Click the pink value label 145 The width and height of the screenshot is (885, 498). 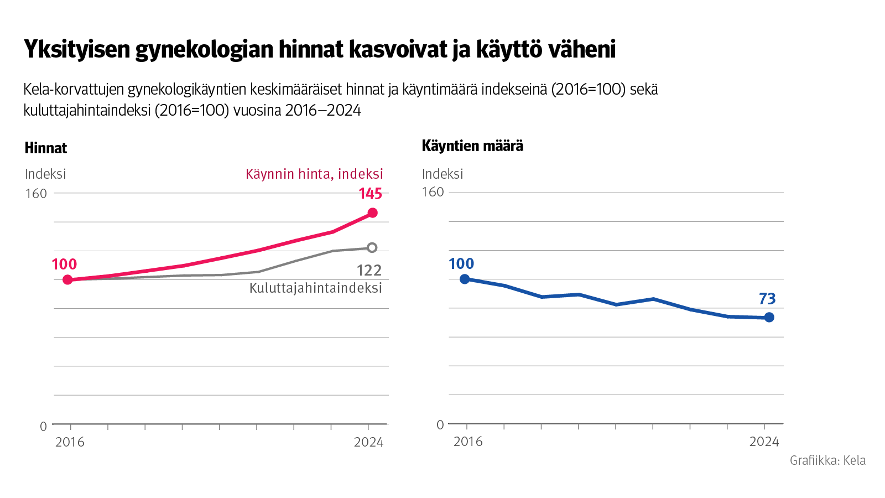(370, 194)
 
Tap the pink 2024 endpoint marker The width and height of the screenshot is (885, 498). (373, 213)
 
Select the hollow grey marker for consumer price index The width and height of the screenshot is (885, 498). (372, 247)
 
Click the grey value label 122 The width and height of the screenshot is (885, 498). (369, 270)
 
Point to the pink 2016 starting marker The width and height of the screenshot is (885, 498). (68, 279)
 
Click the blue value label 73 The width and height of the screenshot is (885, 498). (767, 299)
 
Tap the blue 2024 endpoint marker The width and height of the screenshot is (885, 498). (769, 317)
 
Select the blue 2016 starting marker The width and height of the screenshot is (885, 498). (465, 279)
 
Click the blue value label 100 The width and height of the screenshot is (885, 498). (461, 264)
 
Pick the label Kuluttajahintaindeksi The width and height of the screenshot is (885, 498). (316, 288)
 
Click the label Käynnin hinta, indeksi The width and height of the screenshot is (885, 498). (314, 174)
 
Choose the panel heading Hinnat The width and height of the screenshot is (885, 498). (46, 148)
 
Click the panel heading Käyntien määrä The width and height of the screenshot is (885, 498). (472, 146)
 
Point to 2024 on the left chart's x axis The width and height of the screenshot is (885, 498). (368, 442)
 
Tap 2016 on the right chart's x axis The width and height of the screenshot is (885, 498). (468, 442)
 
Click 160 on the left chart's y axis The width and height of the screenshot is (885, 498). (36, 194)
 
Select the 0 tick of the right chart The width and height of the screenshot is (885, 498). (440, 425)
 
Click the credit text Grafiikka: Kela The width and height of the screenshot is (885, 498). (827, 460)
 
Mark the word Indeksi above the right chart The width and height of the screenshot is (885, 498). (442, 174)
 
